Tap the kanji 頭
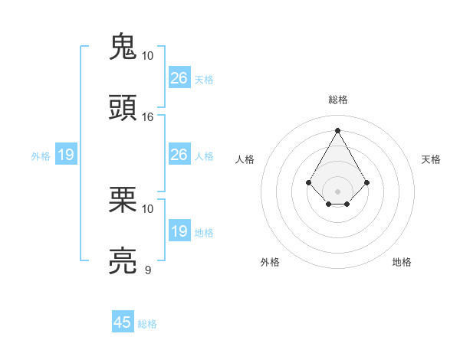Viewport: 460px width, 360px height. click(x=123, y=108)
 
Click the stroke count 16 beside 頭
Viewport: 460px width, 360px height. click(x=148, y=117)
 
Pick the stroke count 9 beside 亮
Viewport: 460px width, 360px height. click(x=148, y=270)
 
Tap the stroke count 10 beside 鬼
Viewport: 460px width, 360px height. click(x=148, y=56)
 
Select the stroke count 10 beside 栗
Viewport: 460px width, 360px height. click(x=148, y=208)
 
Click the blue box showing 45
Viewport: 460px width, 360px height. click(x=123, y=322)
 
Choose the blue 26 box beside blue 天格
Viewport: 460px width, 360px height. click(x=179, y=77)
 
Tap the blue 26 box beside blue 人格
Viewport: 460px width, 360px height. click(x=179, y=155)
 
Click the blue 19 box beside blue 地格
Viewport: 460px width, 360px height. click(x=179, y=231)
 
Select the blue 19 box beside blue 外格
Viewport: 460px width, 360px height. click(x=66, y=155)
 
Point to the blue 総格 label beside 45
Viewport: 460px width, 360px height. click(x=147, y=324)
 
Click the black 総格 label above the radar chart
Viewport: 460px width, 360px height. click(x=338, y=100)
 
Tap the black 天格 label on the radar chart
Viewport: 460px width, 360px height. click(x=432, y=159)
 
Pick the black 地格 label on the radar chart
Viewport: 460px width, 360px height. click(x=402, y=262)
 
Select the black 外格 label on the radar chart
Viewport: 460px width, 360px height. click(x=270, y=262)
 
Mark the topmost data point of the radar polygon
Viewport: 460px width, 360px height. click(x=337, y=130)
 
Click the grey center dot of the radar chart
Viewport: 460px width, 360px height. click(x=337, y=191)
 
